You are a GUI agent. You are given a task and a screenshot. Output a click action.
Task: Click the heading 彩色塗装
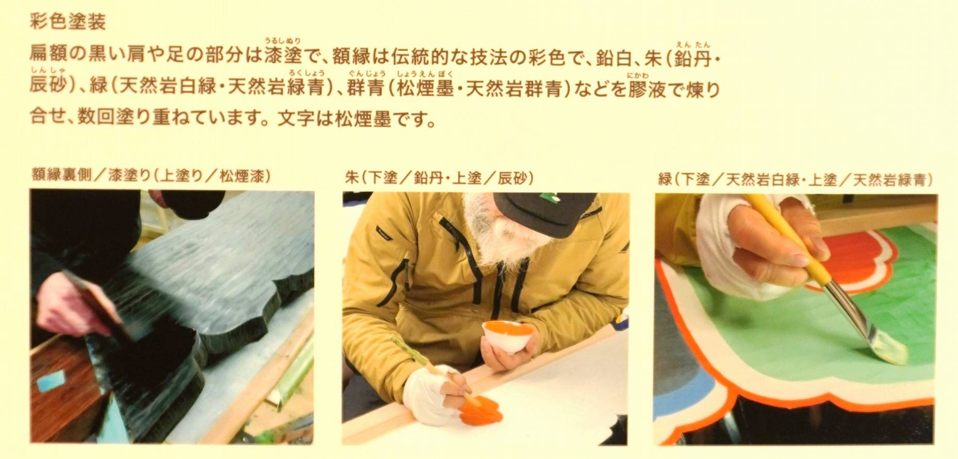pos(68,22)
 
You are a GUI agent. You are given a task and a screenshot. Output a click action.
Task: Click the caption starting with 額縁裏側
pos(150,177)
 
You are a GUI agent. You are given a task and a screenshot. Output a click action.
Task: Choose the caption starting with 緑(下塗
pos(796,179)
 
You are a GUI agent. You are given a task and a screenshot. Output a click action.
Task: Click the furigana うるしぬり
pos(283,41)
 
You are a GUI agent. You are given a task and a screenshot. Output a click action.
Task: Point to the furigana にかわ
pos(638,75)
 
